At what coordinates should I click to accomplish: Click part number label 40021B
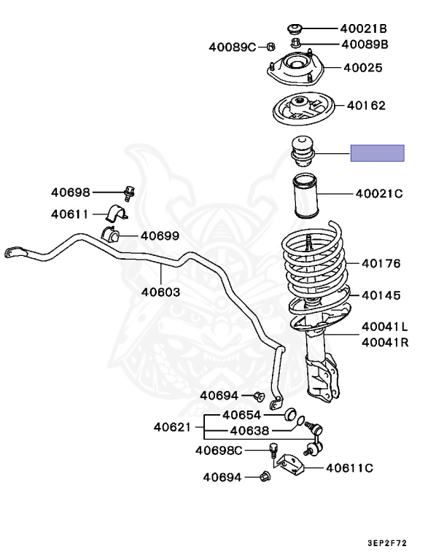point(362,28)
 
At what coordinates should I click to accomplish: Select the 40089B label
point(362,44)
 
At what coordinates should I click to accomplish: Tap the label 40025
point(363,68)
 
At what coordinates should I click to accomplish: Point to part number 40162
point(366,105)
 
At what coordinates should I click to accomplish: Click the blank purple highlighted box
point(377,153)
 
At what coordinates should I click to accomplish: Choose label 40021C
point(379,194)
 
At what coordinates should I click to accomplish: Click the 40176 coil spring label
point(381,264)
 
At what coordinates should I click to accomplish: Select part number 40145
point(381,295)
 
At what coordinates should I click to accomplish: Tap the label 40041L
point(384,326)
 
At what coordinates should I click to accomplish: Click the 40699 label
point(160,236)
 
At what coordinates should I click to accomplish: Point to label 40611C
point(349,468)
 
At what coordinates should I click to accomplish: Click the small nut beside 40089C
point(270,47)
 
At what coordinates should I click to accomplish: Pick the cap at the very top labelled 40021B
point(296,28)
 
